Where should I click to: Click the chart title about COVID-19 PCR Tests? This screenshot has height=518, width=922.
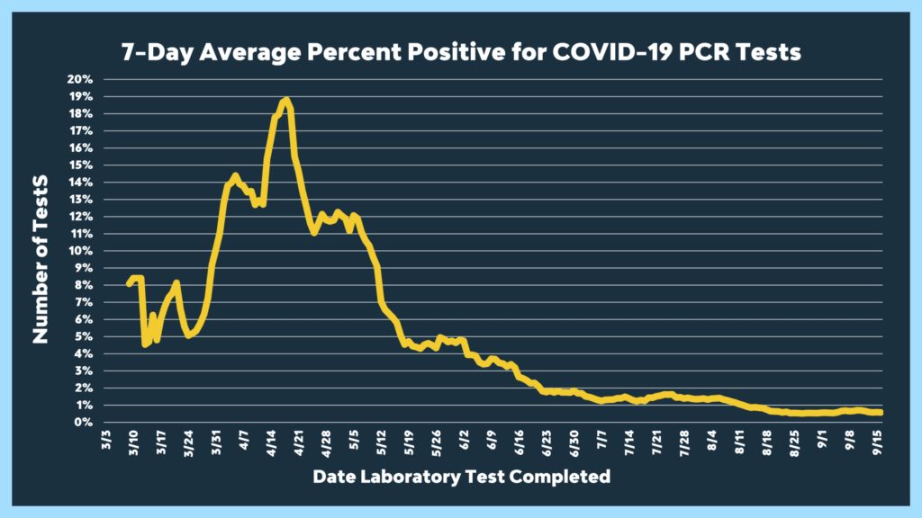(461, 53)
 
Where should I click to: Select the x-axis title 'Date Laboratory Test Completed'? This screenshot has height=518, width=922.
(461, 476)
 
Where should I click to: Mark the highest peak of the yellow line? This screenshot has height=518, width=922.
(285, 100)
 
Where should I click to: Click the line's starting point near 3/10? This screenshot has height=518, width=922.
(129, 283)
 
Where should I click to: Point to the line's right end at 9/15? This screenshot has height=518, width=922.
(881, 413)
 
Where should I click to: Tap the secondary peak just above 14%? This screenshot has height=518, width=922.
(234, 175)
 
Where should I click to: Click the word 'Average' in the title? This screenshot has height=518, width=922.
(230, 53)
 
